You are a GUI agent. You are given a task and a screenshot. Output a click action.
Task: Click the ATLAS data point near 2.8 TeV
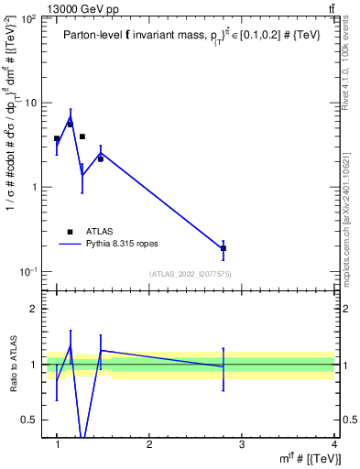[224, 248]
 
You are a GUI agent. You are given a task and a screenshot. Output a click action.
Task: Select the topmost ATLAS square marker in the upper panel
[70, 124]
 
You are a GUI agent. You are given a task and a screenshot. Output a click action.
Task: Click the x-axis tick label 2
[149, 444]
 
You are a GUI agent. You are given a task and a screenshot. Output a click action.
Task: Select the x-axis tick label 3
[242, 444]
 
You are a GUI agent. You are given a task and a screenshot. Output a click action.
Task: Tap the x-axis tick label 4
[333, 444]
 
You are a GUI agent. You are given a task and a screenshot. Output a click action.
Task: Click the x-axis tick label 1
[58, 444]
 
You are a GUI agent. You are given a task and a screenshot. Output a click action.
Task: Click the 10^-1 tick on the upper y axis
[30, 272]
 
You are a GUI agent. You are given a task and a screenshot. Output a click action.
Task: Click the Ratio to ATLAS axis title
[13, 364]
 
